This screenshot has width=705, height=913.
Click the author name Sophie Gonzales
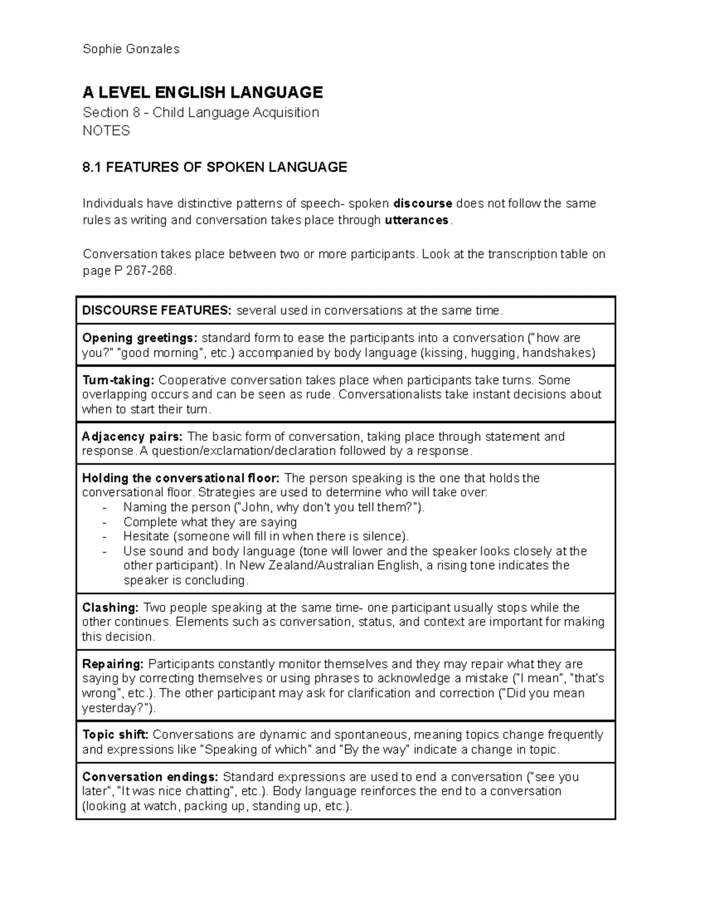coord(131,49)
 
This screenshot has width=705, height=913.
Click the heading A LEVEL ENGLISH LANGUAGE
coord(203,92)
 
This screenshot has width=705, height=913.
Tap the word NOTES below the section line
coord(106,131)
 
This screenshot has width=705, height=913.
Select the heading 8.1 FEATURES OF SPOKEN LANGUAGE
coord(215,168)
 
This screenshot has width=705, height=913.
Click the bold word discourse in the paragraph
coord(422,204)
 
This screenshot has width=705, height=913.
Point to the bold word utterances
coord(416,220)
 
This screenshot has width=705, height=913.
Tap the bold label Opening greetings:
coord(139,338)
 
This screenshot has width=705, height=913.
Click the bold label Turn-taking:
coord(118,380)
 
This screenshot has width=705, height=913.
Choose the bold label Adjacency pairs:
coord(132,437)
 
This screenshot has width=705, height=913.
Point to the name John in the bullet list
coord(254,507)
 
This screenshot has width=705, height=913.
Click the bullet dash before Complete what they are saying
coord(105,522)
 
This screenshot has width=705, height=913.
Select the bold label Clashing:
coord(110,608)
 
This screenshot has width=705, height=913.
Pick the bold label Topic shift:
coord(115,735)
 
